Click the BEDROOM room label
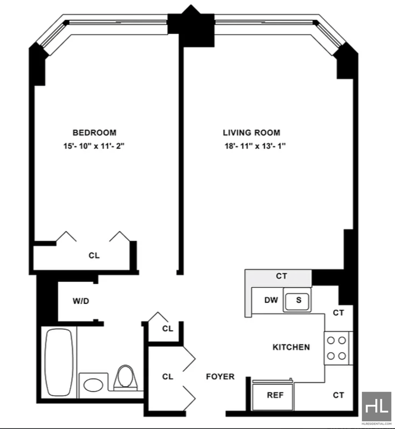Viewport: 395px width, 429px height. (94, 132)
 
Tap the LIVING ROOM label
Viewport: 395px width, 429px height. (251, 132)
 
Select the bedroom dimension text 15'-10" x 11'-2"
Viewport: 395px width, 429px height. (94, 146)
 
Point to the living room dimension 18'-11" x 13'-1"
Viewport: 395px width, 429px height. (254, 146)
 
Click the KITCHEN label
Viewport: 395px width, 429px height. (291, 347)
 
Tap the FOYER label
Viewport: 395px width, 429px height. (220, 377)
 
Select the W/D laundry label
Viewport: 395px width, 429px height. (80, 301)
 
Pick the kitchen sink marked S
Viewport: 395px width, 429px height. (298, 300)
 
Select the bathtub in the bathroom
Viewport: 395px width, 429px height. (59, 362)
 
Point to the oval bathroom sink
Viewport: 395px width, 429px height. (92, 385)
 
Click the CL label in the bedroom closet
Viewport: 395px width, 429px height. (94, 256)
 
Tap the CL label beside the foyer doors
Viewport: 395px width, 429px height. (168, 376)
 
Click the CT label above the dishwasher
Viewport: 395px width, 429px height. (282, 276)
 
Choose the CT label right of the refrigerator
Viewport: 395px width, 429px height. (338, 395)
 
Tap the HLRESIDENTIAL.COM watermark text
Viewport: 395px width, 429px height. (377, 424)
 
